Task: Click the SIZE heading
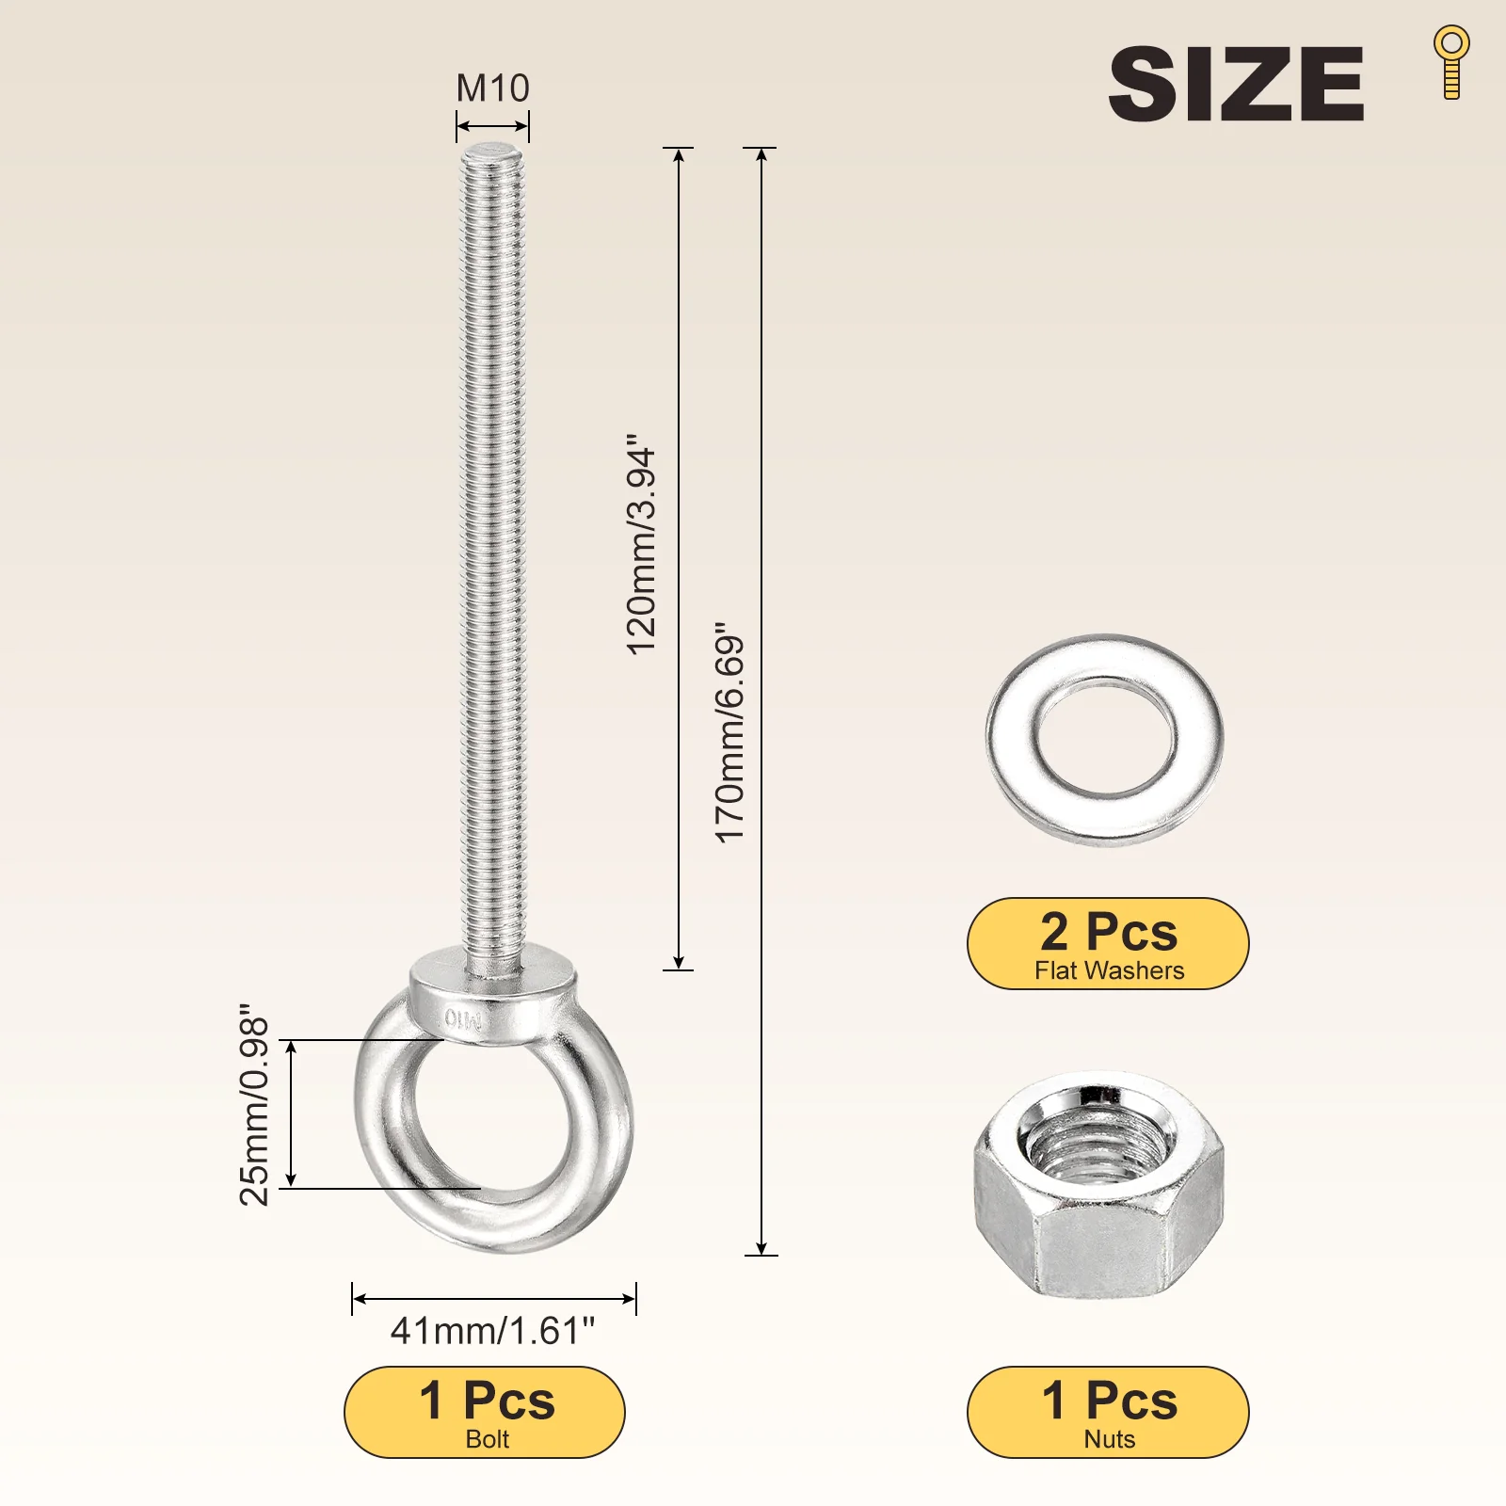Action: [1236, 84]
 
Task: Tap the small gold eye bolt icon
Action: [1451, 62]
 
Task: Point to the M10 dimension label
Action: [492, 88]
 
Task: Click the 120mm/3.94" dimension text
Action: [641, 544]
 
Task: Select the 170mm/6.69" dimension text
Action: [729, 732]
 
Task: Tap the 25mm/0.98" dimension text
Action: [254, 1104]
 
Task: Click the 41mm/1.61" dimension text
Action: [492, 1331]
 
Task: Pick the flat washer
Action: [1104, 739]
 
